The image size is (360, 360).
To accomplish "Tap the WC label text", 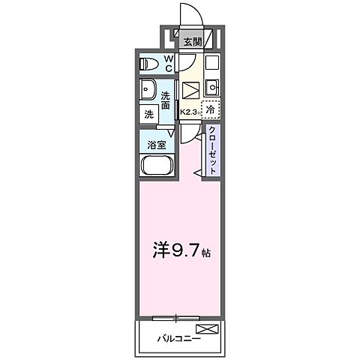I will (169, 63).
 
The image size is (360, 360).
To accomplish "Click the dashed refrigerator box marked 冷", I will (211, 109).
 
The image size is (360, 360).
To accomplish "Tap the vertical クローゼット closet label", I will (213, 150).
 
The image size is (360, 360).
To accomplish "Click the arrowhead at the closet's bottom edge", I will (196, 173).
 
